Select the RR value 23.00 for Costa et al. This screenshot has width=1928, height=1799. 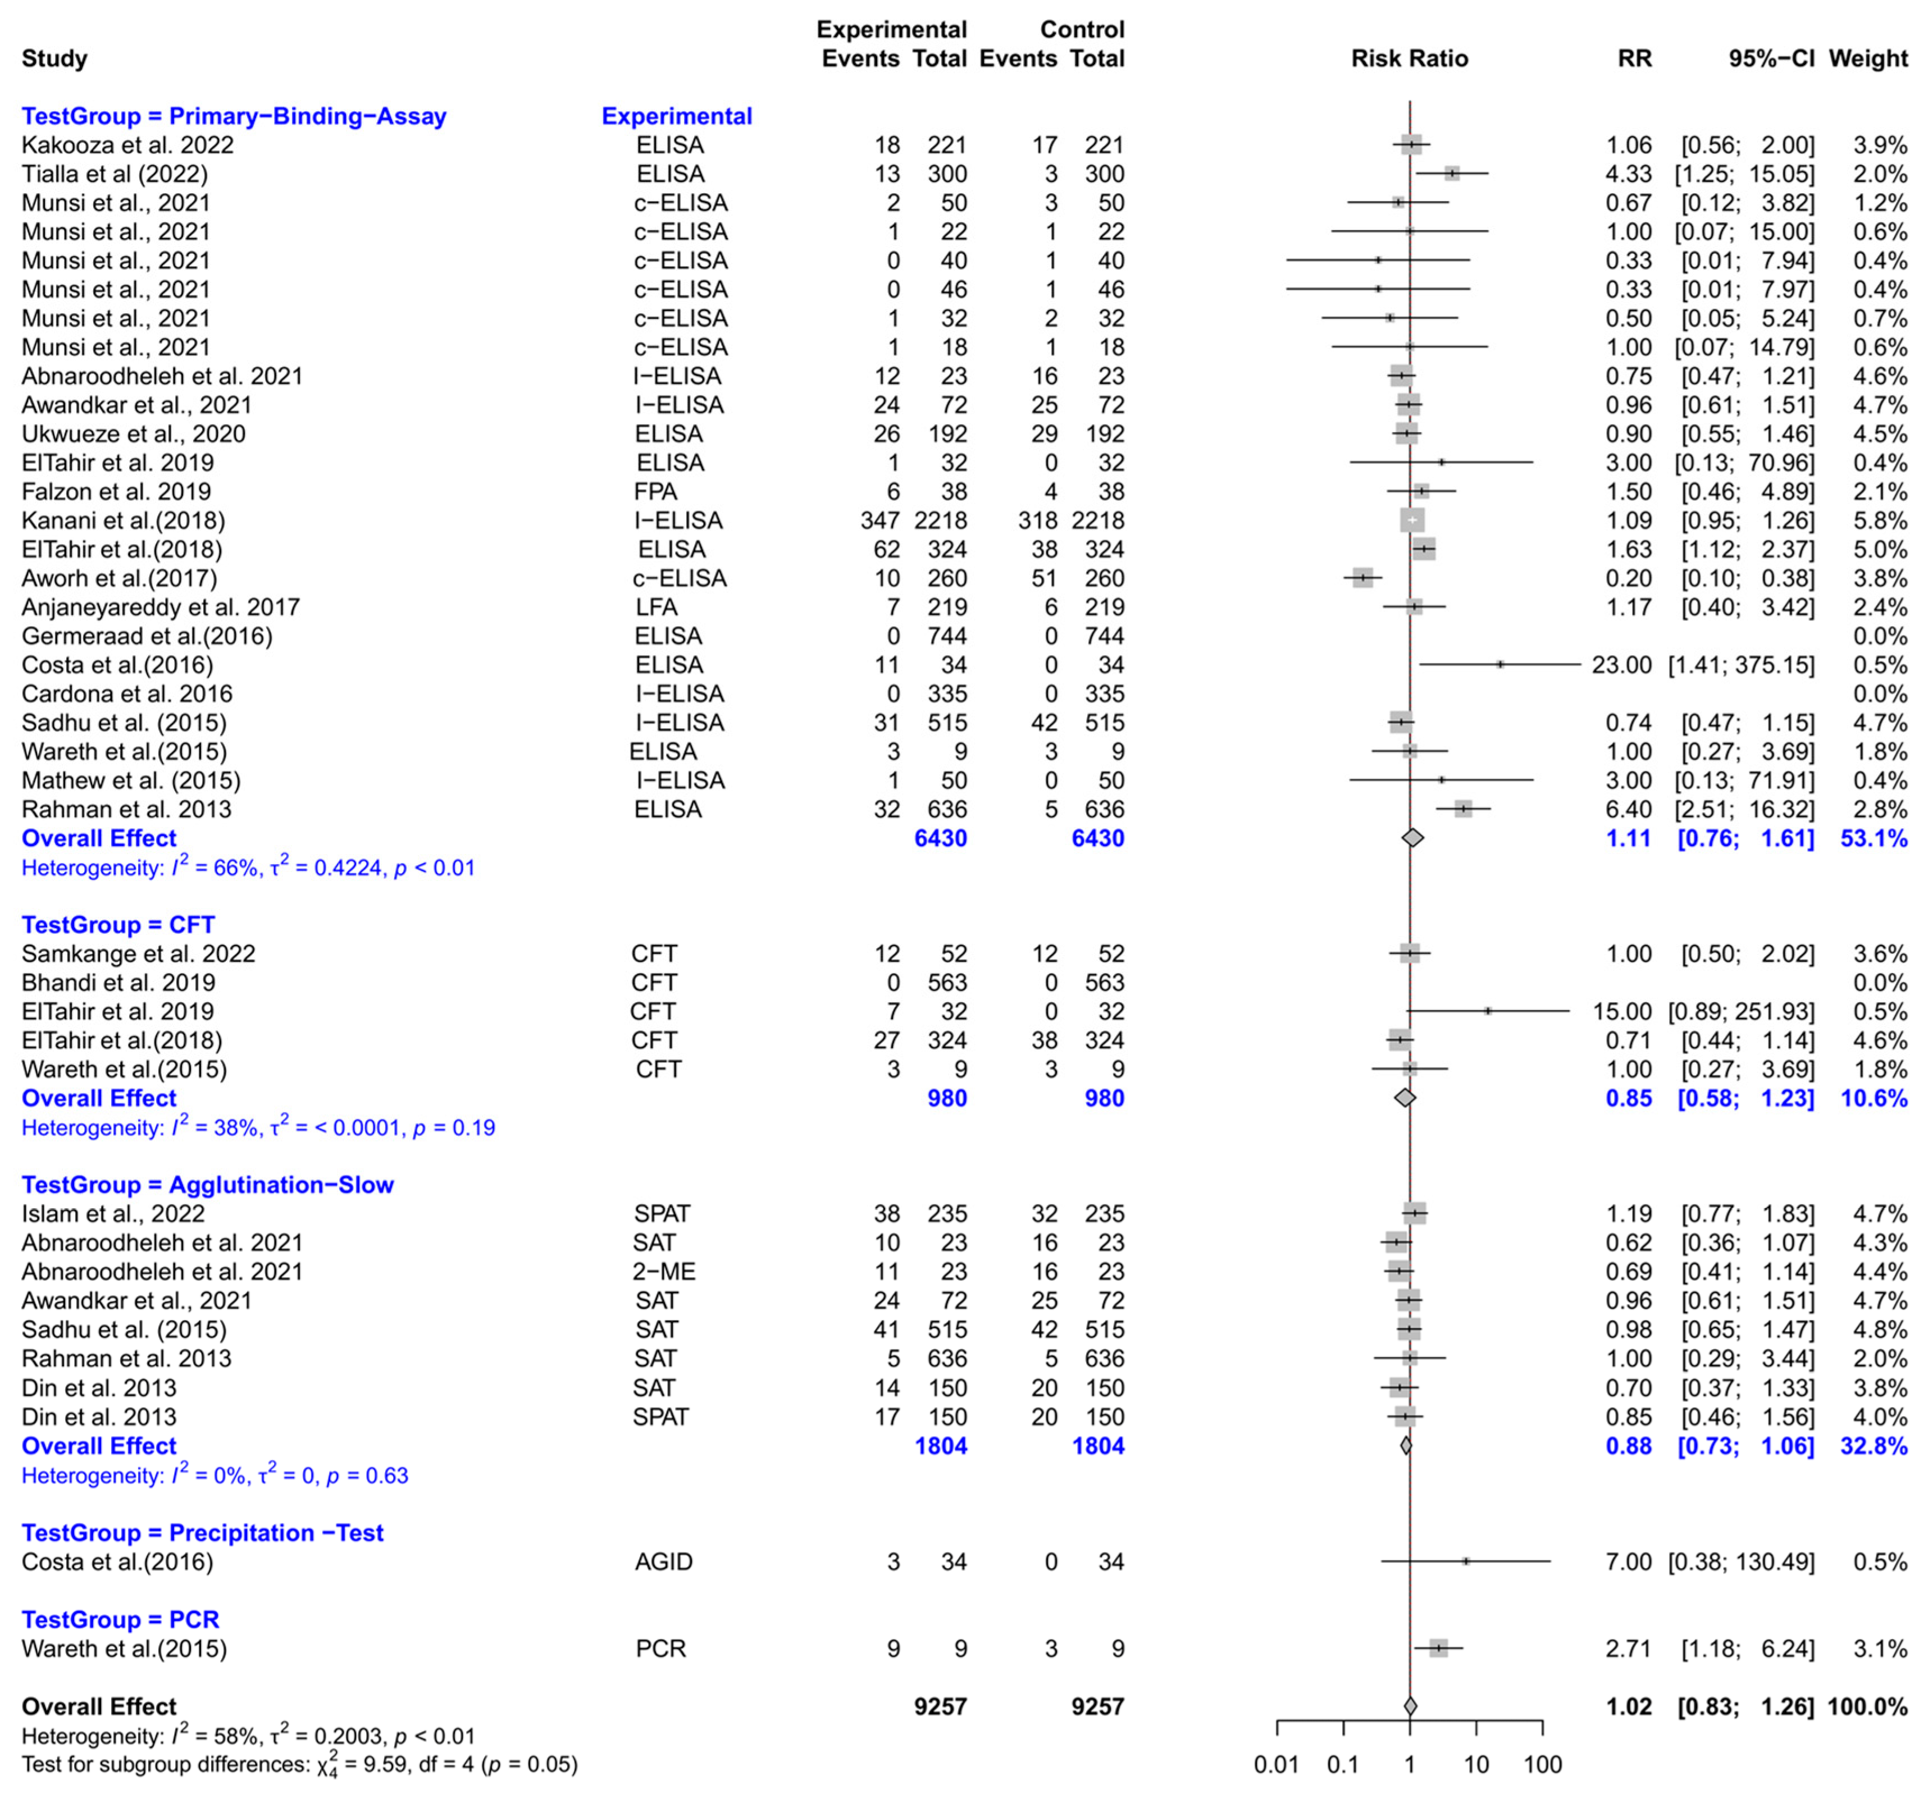point(1621,665)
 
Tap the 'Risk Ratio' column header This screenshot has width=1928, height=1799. point(1409,59)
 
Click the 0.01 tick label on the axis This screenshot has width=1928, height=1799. point(1277,1764)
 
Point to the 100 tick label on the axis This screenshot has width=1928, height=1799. point(1543,1764)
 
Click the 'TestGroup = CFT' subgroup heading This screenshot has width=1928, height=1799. point(117,925)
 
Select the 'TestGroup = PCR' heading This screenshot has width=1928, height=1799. point(120,1619)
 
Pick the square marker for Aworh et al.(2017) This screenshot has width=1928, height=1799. point(1362,578)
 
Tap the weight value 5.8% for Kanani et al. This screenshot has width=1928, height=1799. point(1880,521)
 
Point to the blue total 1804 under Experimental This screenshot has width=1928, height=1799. point(941,1446)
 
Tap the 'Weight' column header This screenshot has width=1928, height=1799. point(1868,59)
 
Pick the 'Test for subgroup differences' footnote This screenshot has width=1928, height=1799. point(299,1764)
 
